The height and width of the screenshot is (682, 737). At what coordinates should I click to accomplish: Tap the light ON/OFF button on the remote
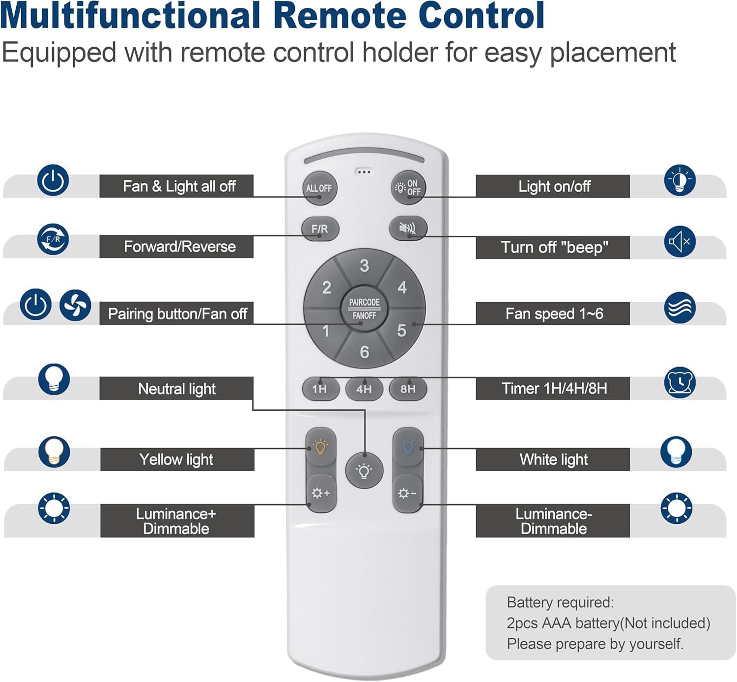(408, 188)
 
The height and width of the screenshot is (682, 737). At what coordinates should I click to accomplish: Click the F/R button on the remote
(320, 229)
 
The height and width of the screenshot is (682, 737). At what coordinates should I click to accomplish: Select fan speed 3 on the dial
(364, 266)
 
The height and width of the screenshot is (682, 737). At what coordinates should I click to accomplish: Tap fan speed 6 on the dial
(364, 352)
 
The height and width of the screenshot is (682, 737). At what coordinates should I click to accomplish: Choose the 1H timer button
(320, 389)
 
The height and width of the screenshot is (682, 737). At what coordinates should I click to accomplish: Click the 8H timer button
(408, 389)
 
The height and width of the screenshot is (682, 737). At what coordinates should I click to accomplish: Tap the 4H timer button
(364, 389)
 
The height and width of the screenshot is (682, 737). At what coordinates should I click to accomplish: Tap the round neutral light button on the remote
(364, 471)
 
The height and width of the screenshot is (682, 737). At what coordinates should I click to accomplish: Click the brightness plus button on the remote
(320, 493)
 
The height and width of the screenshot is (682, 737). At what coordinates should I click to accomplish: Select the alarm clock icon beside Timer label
(680, 382)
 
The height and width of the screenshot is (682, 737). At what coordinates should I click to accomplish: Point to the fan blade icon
(75, 305)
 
